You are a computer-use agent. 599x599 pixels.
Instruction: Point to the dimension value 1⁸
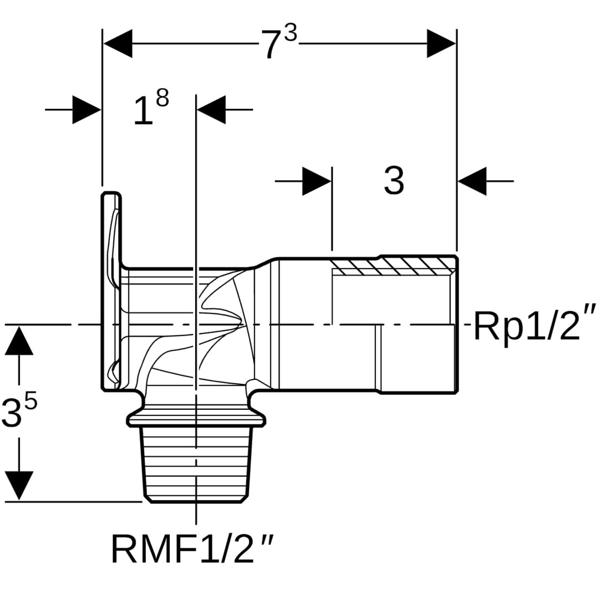tap(150, 108)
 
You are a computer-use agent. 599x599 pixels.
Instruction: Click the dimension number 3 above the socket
tap(394, 180)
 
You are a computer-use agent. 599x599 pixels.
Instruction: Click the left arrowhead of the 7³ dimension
tap(118, 43)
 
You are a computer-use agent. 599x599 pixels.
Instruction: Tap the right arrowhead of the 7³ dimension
tap(441, 43)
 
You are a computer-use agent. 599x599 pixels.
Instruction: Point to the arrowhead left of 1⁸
tap(87, 110)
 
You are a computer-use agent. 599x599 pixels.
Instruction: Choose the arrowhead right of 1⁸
tap(211, 110)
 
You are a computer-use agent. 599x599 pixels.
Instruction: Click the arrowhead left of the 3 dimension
tap(317, 181)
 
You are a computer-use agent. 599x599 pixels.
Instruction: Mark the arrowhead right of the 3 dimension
tap(472, 181)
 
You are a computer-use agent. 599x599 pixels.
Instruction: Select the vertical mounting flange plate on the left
tap(111, 291)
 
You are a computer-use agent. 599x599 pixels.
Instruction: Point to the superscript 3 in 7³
tap(290, 34)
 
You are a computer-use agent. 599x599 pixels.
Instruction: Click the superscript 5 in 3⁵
tap(31, 400)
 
